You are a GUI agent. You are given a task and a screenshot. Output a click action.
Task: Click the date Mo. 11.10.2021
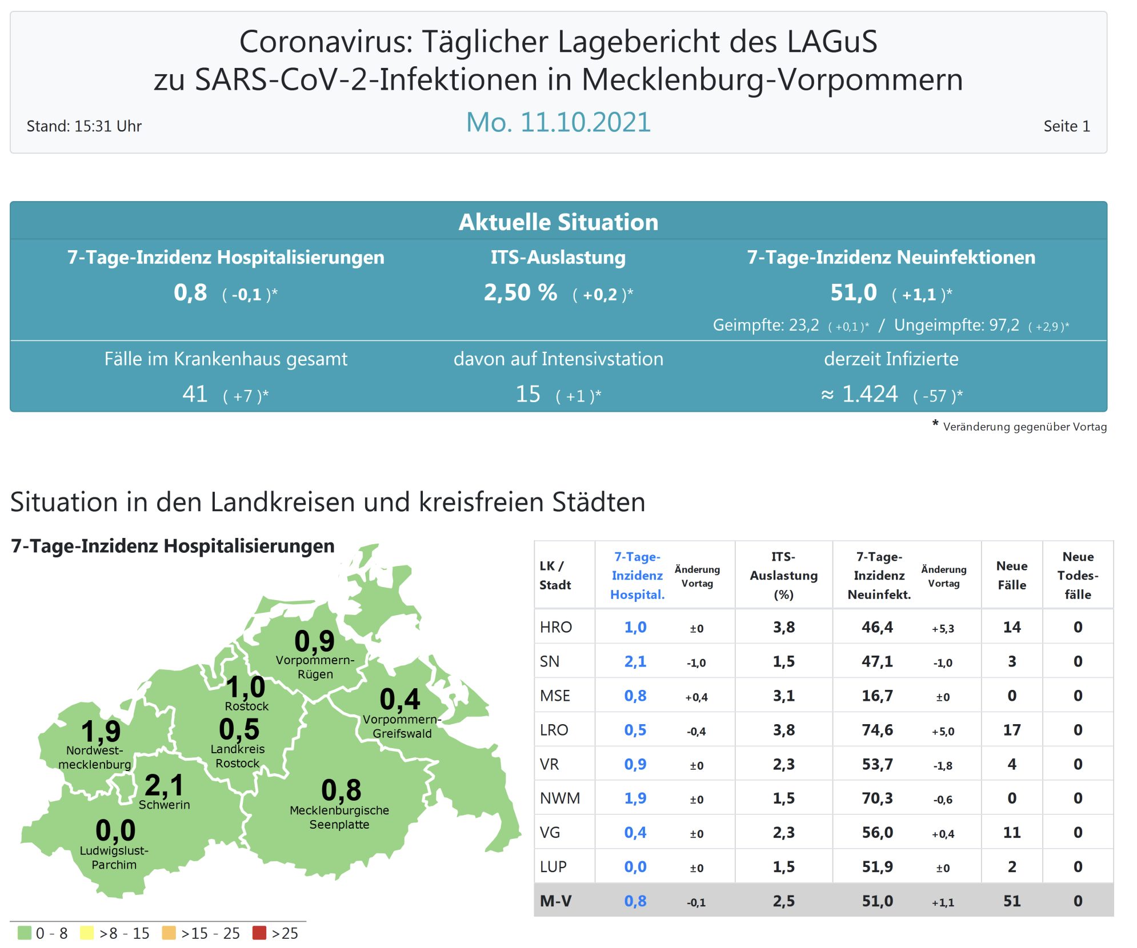tap(558, 122)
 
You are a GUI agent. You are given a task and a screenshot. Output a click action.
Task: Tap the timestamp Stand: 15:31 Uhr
tap(84, 126)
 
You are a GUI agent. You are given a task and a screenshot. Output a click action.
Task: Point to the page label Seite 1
tap(1066, 126)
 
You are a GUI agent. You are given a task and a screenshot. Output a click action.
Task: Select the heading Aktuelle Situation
tap(558, 222)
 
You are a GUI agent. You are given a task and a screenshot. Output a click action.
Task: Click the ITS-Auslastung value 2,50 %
tap(520, 293)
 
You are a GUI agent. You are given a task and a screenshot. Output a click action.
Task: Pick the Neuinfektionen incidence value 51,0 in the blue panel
tap(853, 293)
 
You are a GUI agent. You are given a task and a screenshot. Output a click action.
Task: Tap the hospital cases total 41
tap(195, 394)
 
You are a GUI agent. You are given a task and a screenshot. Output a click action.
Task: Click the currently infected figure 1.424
tap(870, 394)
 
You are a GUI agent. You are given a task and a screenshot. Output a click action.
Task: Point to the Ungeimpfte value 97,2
tap(1004, 326)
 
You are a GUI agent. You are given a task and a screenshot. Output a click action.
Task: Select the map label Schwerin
tap(164, 805)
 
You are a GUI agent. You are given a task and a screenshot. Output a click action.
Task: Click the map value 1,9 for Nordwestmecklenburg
tap(101, 732)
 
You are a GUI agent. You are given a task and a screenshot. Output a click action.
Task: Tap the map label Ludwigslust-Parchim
tap(114, 858)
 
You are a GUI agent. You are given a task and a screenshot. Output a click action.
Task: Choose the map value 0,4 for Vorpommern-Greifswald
tap(400, 700)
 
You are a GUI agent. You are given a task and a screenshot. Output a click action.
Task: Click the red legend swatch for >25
tap(259, 933)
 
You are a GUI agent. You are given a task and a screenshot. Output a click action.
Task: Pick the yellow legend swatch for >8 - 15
tap(87, 933)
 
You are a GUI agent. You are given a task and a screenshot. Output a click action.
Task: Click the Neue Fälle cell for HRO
tap(1011, 627)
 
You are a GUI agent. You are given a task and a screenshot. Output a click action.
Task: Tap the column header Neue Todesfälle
tap(1078, 575)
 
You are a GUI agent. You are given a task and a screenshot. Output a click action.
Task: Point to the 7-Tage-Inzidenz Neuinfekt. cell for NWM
tap(877, 798)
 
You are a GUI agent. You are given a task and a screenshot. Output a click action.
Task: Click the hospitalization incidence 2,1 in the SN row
tap(635, 661)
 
